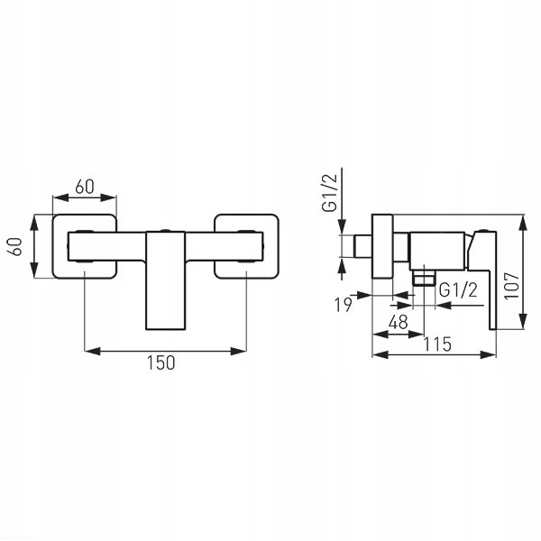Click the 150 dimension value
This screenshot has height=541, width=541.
click(x=161, y=362)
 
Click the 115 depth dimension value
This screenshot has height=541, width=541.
click(x=437, y=344)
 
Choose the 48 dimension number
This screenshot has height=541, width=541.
click(x=399, y=322)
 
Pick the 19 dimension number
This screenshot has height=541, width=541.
click(x=343, y=305)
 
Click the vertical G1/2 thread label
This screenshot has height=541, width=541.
click(x=329, y=193)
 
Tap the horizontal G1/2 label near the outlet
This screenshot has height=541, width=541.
click(x=458, y=289)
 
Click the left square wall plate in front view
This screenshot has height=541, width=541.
click(x=53, y=246)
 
